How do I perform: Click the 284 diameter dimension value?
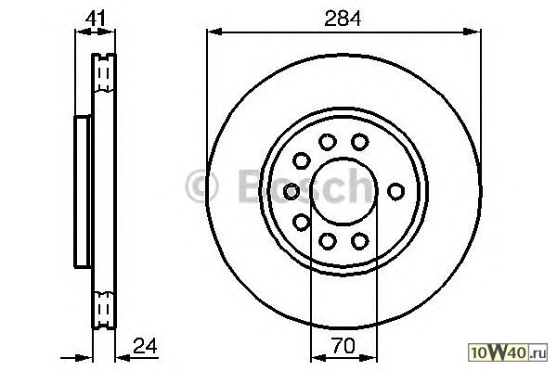(343, 19)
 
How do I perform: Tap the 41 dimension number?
(96, 19)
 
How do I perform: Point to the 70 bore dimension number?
(343, 345)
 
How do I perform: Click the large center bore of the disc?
(343, 191)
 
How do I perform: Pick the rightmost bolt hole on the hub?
(395, 191)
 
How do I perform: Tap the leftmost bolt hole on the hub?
(291, 191)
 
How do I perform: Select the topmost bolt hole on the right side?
(359, 142)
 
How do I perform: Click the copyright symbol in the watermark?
(201, 186)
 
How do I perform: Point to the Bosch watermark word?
(306, 186)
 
